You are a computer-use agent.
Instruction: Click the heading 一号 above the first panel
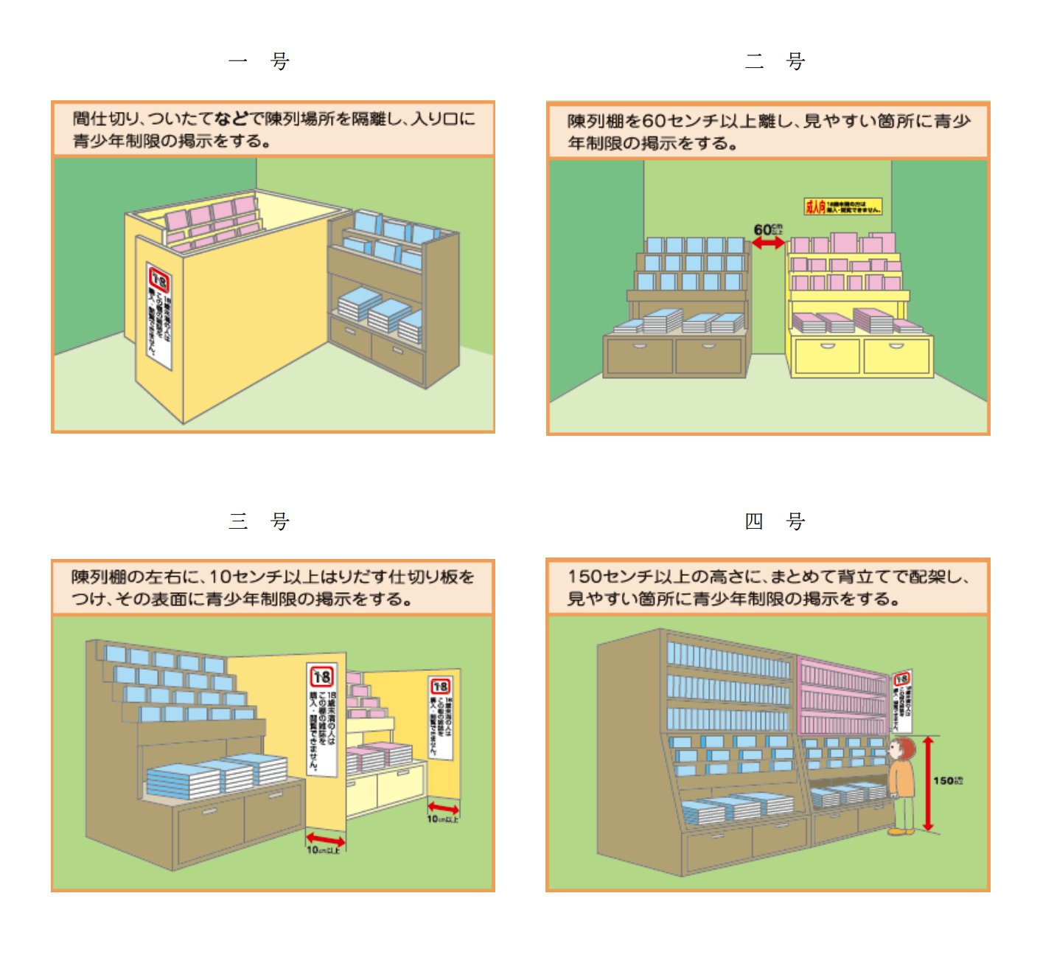pos(259,60)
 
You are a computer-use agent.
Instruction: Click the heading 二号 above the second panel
pos(775,60)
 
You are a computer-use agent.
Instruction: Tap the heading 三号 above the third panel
pos(259,521)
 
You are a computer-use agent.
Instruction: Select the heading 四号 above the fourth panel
pos(775,521)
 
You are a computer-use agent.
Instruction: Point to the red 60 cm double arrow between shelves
pos(768,242)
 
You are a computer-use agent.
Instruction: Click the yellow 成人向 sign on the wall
pos(842,206)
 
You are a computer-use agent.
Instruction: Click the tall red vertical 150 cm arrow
pos(928,783)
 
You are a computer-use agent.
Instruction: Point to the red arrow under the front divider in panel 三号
pos(325,839)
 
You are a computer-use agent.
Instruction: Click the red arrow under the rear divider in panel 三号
pos(443,808)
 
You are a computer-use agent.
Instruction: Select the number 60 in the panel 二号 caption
pos(654,121)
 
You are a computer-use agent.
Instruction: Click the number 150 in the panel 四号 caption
pos(584,577)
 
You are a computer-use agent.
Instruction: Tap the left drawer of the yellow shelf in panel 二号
pos(827,356)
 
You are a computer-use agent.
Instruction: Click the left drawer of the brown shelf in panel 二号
pos(639,355)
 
